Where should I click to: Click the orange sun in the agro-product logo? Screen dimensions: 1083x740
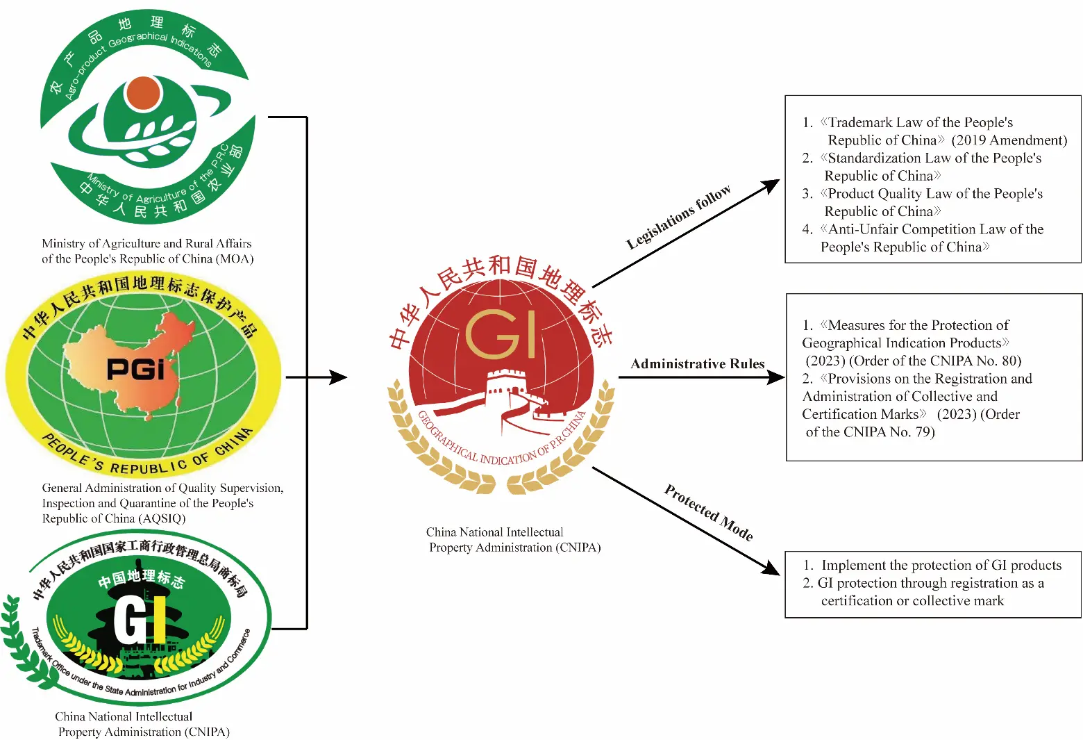(142, 93)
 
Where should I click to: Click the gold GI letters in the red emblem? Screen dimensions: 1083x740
(501, 334)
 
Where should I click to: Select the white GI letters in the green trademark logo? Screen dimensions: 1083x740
(140, 620)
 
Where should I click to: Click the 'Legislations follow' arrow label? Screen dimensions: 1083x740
(678, 217)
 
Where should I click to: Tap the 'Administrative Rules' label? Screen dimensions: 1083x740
(697, 363)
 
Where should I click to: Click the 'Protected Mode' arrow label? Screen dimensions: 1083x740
(709, 512)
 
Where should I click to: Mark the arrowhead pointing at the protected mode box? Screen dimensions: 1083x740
(770, 568)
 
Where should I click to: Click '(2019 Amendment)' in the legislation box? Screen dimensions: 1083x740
(1009, 140)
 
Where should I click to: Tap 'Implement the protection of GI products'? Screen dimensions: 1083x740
(941, 565)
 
